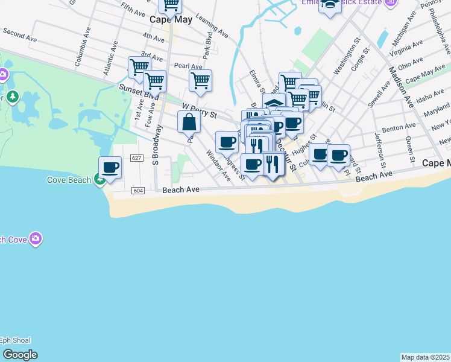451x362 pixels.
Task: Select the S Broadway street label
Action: [x=157, y=145]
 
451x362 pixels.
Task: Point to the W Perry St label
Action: [x=199, y=108]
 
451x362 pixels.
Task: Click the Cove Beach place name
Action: [x=69, y=180]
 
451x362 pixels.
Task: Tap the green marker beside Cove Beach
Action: [x=99, y=180]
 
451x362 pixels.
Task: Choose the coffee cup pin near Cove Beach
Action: [x=110, y=167]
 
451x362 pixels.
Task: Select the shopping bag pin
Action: [x=189, y=121]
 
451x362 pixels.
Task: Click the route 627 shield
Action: [x=136, y=158]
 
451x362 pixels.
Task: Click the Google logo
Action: [x=20, y=355]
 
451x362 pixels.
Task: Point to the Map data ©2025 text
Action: [x=425, y=357]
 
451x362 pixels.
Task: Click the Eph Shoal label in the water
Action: [x=16, y=340]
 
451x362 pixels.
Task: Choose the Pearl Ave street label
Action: [x=188, y=66]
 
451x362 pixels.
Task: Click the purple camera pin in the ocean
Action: [x=36, y=240]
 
